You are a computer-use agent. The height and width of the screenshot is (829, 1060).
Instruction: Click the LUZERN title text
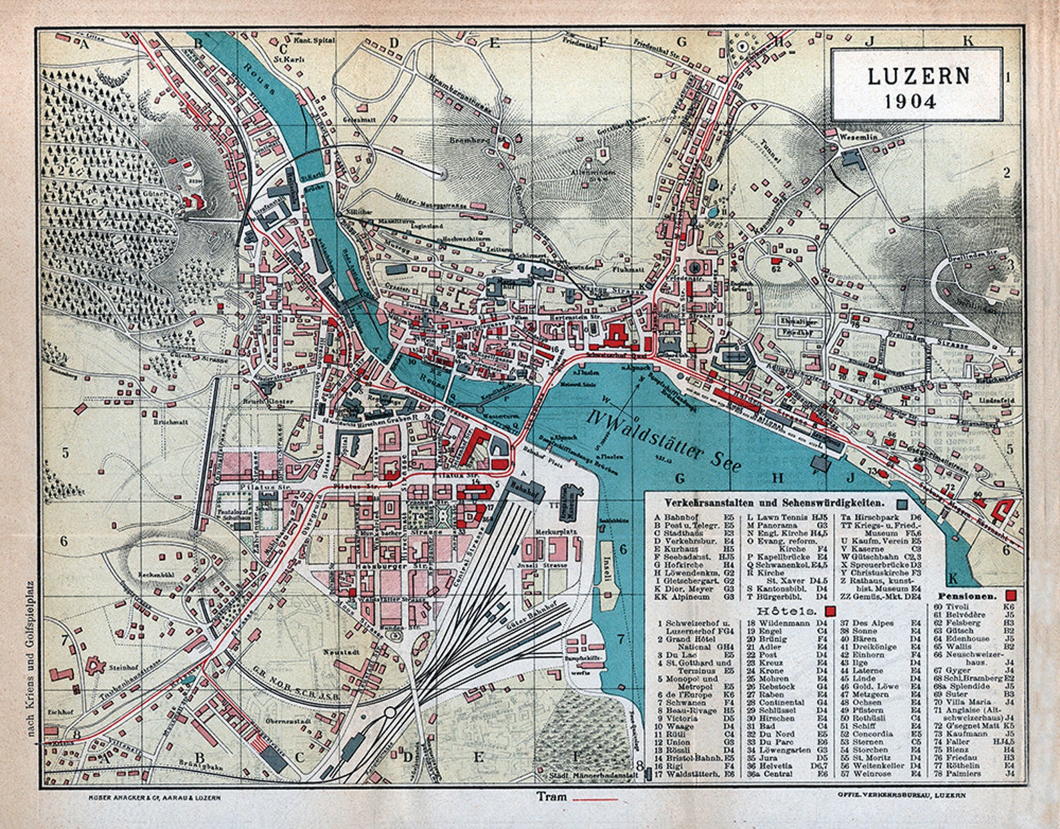[918, 76]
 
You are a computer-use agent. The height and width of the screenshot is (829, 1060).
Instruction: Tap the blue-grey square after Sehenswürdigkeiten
[902, 503]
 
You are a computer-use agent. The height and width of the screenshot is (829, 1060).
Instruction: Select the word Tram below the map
[551, 796]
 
